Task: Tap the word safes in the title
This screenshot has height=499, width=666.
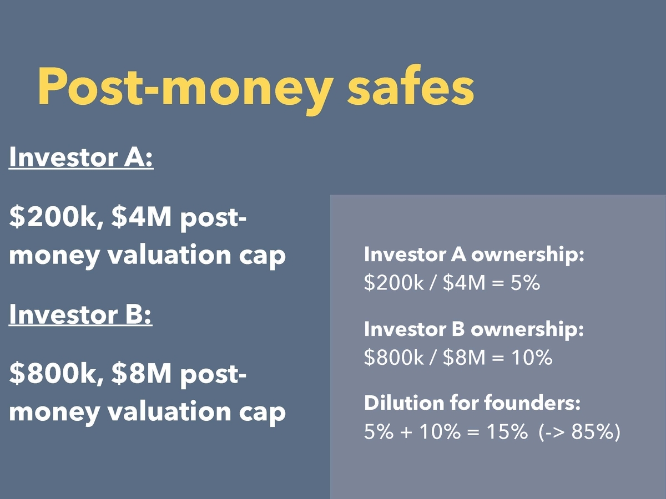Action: pyautogui.click(x=411, y=84)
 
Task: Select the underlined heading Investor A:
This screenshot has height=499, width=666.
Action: pyautogui.click(x=82, y=157)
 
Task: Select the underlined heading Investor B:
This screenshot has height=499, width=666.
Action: pyautogui.click(x=80, y=314)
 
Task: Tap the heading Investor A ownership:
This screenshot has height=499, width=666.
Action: pyautogui.click(x=474, y=255)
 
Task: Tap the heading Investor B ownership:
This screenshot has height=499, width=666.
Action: pyautogui.click(x=474, y=330)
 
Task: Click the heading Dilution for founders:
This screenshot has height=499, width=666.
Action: pyautogui.click(x=472, y=404)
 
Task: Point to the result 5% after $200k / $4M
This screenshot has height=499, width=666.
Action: pyautogui.click(x=525, y=283)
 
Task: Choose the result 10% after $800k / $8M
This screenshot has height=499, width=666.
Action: pyautogui.click(x=532, y=357)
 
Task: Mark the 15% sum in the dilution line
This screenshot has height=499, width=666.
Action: pyautogui.click(x=507, y=431)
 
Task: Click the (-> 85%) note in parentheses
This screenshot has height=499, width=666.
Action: pyautogui.click(x=579, y=432)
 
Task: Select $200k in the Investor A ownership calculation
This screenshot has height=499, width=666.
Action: pyautogui.click(x=394, y=283)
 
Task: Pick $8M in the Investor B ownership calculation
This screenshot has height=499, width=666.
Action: pyautogui.click(x=464, y=357)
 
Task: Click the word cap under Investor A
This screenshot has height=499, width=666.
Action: pyautogui.click(x=262, y=257)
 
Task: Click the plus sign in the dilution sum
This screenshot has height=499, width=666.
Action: pyautogui.click(x=407, y=432)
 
